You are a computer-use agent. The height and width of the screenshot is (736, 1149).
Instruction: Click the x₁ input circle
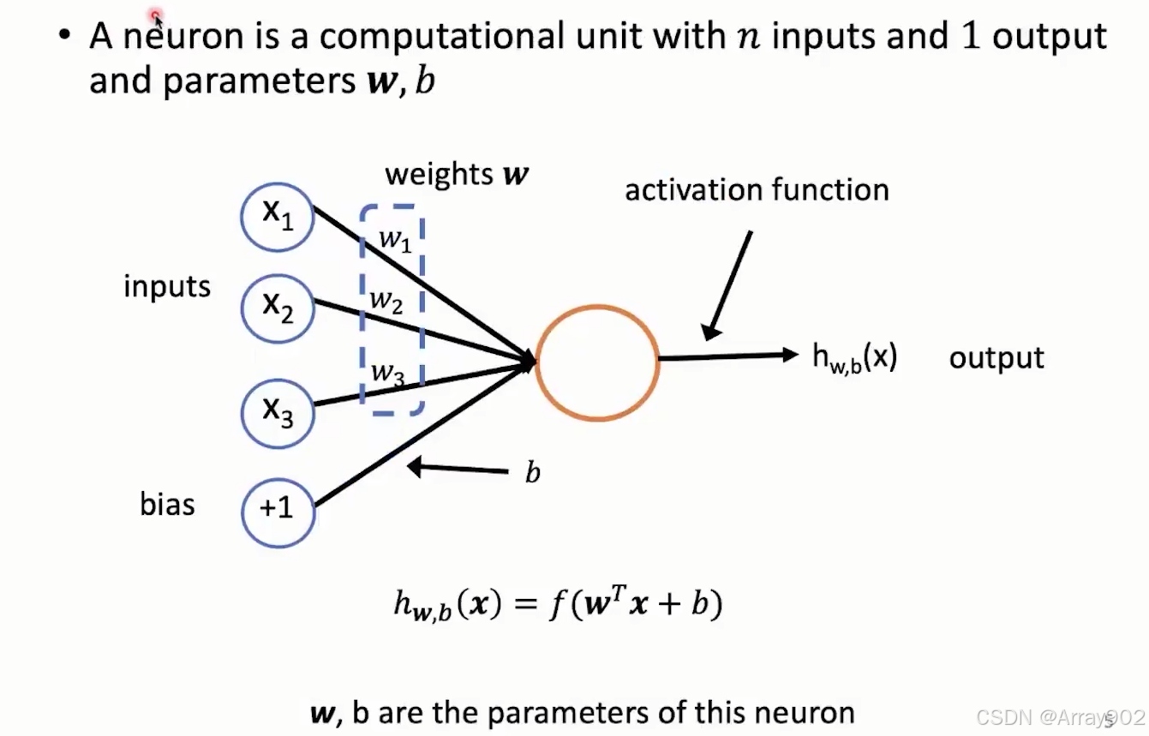[x=278, y=217]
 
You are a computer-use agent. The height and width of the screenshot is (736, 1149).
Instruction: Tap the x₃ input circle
[x=278, y=411]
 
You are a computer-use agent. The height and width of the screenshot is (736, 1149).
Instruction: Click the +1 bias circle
[x=278, y=511]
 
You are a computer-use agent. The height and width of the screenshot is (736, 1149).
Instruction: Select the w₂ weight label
[x=386, y=301]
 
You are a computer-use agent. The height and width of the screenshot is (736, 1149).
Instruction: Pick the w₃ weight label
[x=388, y=373]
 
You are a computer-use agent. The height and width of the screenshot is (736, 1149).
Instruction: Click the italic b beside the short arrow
[x=532, y=473]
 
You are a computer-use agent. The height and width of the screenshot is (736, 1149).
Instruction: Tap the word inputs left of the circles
[x=167, y=286]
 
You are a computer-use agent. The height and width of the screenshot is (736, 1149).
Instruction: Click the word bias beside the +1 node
[x=167, y=505]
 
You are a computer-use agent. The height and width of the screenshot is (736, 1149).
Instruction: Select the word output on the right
[x=996, y=357]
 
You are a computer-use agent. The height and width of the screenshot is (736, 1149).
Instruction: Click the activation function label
[x=757, y=189]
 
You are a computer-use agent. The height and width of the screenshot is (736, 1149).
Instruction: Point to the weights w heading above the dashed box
[x=457, y=174]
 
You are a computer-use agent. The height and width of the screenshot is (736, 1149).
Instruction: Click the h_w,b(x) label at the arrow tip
[x=854, y=357]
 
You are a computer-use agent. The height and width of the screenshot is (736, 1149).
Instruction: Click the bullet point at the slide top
[x=64, y=37]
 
